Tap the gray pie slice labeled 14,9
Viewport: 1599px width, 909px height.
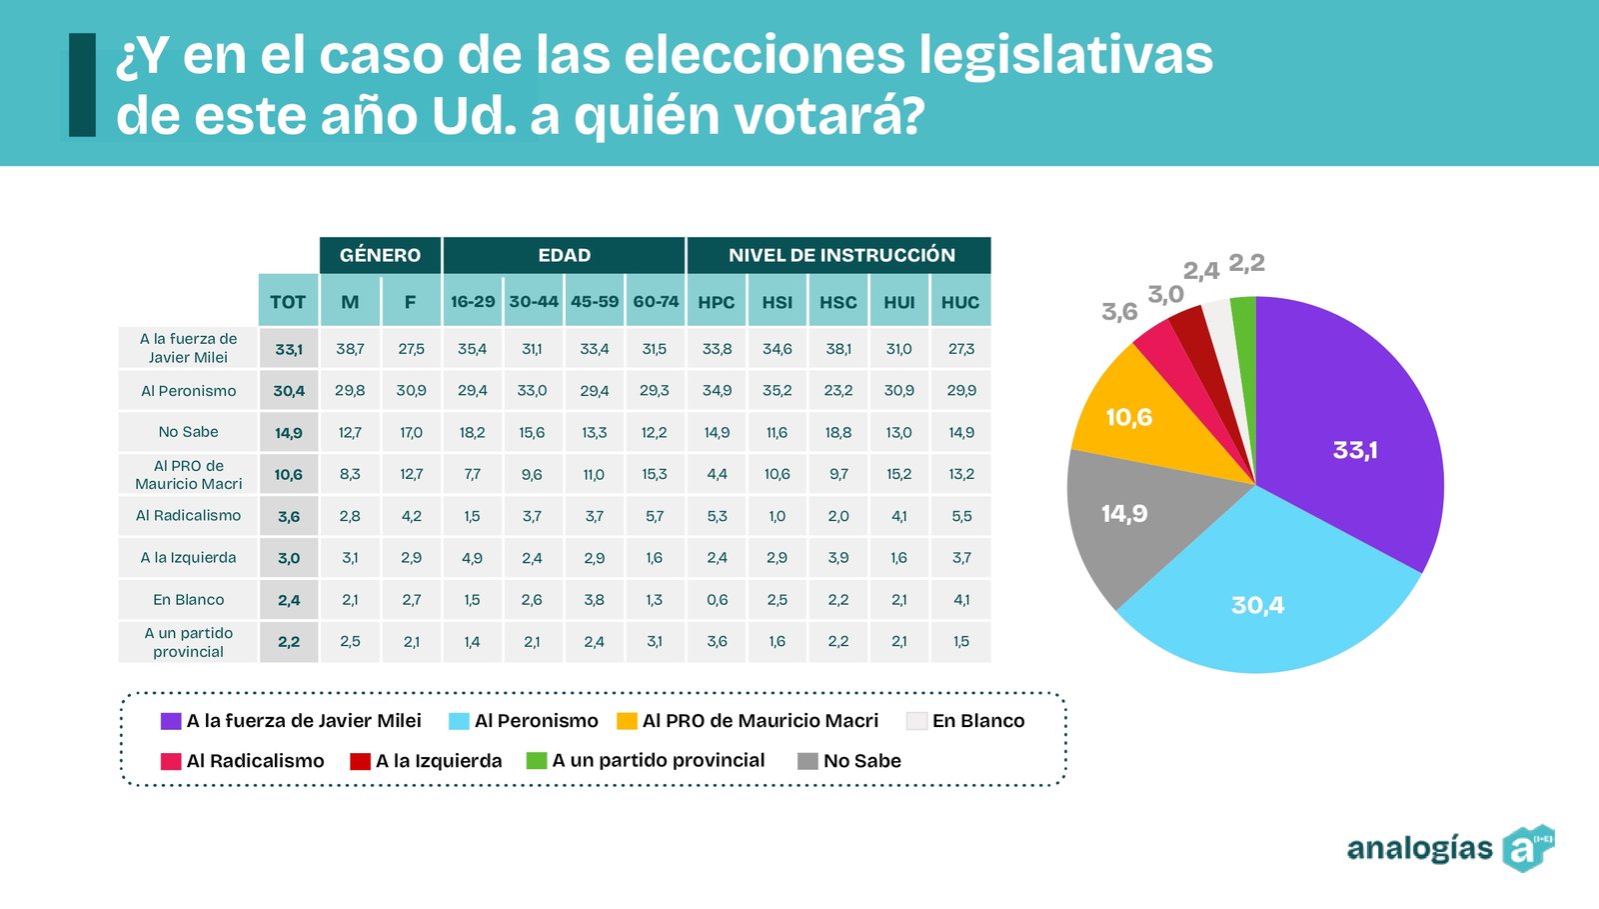pos(1129,520)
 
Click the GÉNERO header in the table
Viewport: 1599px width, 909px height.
pos(380,255)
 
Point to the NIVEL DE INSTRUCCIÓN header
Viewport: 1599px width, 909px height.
pos(840,255)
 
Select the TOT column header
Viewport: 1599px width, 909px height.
pos(288,302)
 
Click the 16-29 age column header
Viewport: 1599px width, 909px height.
pos(473,302)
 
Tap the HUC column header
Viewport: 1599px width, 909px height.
pos(960,302)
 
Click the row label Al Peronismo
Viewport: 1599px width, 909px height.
pos(188,391)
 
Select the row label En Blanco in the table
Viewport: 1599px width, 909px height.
pos(188,600)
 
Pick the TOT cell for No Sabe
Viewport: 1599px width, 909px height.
pos(289,433)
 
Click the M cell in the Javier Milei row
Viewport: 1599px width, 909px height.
pos(350,349)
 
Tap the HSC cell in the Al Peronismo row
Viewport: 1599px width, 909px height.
pos(838,391)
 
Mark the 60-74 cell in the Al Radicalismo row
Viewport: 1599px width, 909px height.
pos(655,516)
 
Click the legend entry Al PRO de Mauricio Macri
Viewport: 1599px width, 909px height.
pos(760,721)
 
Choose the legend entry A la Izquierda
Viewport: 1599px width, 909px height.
pos(438,761)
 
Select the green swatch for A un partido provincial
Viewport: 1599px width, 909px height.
pos(537,761)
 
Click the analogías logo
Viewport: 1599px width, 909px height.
pos(1449,849)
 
